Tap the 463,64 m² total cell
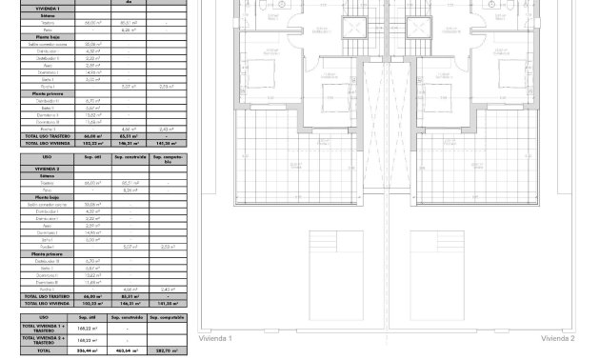point(127,351)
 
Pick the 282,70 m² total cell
point(166,351)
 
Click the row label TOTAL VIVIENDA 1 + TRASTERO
point(44,328)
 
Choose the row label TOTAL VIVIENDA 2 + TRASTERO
point(44,339)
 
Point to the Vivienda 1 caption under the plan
point(215,339)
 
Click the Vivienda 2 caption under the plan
point(558,339)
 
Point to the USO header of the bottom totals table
point(44,317)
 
